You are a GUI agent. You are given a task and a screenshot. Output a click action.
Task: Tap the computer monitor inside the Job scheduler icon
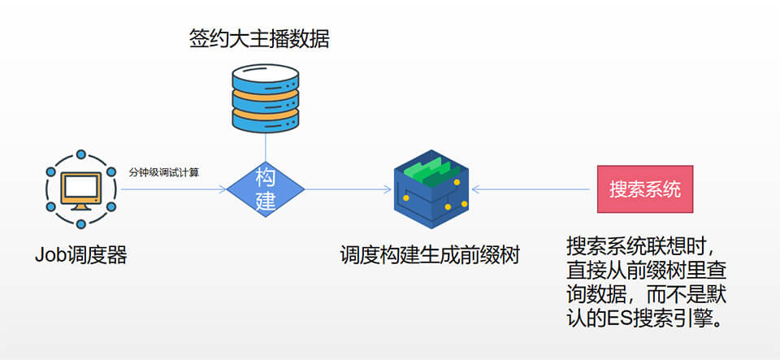point(80,189)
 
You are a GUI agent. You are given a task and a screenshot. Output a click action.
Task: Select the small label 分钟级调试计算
point(164,172)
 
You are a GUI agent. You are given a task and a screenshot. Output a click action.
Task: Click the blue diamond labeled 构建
point(266,189)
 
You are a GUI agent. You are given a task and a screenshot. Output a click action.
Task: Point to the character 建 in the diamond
point(266,202)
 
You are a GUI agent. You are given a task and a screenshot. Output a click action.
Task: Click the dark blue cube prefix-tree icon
point(431,189)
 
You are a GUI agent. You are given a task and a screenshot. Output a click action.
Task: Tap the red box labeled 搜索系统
point(645,189)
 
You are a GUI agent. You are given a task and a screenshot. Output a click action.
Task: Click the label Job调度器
point(80,254)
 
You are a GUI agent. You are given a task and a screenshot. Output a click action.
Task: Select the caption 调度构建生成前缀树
point(430,254)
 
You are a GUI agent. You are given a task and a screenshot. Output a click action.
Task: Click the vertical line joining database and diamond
point(266,146)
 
